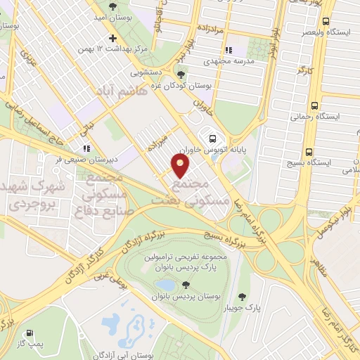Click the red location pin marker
(x=181, y=166)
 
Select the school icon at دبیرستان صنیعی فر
(x=86, y=148)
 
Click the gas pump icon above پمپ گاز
(x=30, y=333)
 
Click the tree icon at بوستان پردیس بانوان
(x=186, y=285)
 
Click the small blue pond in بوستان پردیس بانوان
(x=165, y=285)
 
